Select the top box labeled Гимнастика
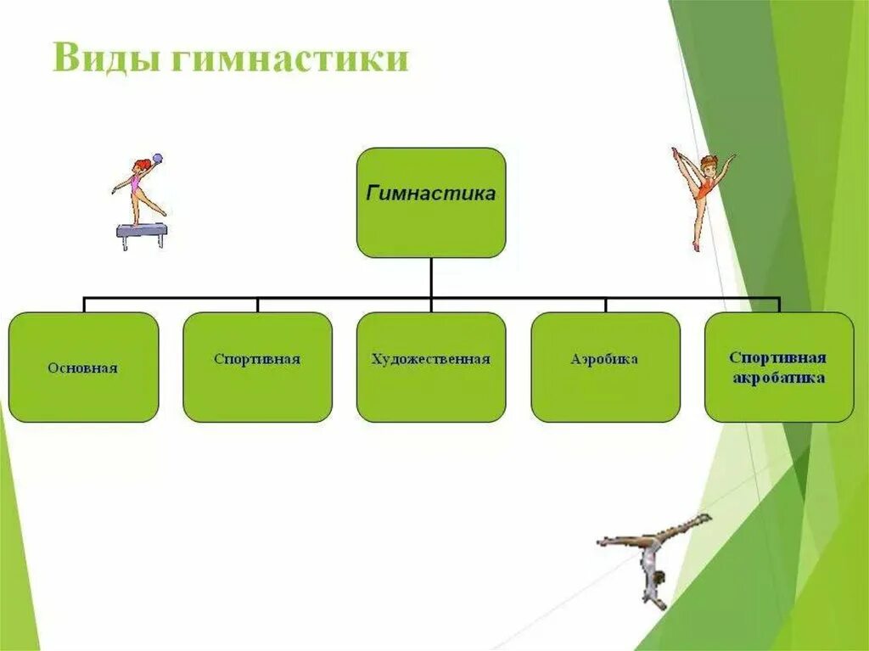[x=431, y=202]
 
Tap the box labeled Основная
[x=83, y=367]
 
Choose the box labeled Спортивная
[x=257, y=367]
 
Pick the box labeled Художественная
[x=431, y=367]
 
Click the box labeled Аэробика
[x=605, y=367]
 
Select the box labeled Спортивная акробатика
[x=779, y=367]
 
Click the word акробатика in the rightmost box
[x=778, y=379]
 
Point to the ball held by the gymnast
[x=157, y=159]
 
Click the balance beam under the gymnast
[x=142, y=231]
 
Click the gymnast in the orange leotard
[x=703, y=195]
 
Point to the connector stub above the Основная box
[x=83, y=305]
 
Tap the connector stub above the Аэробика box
[x=605, y=305]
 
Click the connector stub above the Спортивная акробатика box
[x=778, y=305]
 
